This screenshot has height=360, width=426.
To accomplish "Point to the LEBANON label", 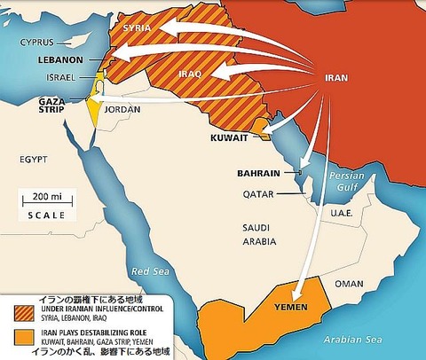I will pos(61,60).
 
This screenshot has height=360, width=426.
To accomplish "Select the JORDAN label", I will pos(123,110).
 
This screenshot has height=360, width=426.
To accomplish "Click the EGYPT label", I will pos(33,159).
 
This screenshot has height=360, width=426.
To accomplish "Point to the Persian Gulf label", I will pos(347,181).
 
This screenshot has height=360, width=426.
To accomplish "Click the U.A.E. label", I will pos(344,213).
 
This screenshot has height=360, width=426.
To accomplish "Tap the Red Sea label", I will pos(147,270).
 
